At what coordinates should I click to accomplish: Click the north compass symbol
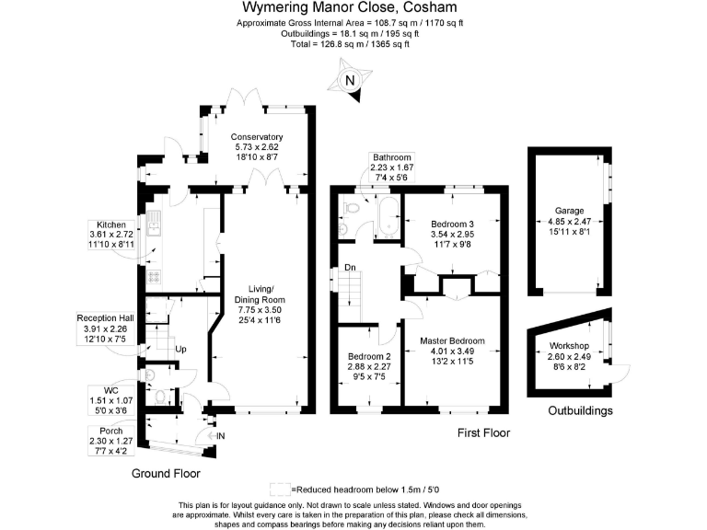click(348, 81)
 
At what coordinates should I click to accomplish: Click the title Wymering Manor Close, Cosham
click(353, 8)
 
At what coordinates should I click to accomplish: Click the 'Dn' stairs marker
click(350, 268)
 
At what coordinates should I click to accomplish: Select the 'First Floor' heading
click(482, 432)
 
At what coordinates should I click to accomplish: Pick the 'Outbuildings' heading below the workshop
click(581, 410)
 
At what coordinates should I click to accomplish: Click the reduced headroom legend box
click(280, 490)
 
